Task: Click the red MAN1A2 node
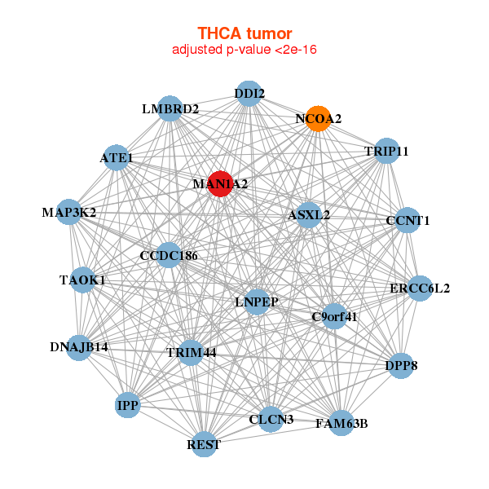coord(220,183)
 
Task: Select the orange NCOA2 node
coord(319,118)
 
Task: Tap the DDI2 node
coord(249,93)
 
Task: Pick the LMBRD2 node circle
coord(170,108)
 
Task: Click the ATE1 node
coord(117,157)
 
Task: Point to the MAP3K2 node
coord(70,212)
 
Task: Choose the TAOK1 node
coord(83,280)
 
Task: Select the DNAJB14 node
coord(79,347)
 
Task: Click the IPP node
coord(127,404)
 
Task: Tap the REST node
coord(204,444)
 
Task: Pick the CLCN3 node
coord(271,420)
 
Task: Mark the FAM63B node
coord(341,423)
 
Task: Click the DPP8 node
coord(401,366)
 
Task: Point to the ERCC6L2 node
coord(419,288)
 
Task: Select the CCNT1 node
coord(407,220)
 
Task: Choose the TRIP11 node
coord(386,152)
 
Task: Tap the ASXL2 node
coord(309,215)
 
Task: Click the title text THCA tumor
coord(244,33)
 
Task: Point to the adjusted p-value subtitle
coord(244,50)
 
